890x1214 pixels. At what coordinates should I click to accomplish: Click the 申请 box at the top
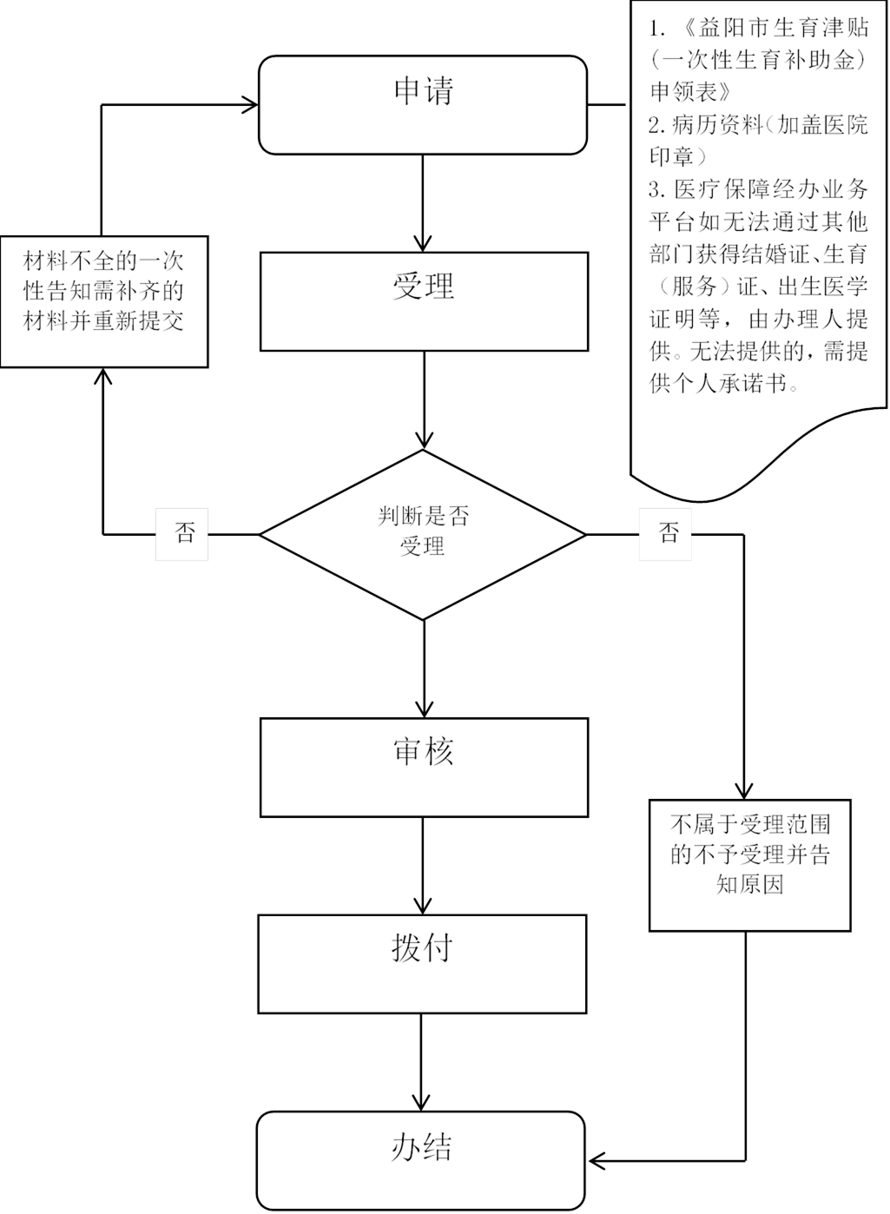[x=423, y=104]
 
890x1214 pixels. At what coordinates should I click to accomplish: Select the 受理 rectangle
[x=424, y=301]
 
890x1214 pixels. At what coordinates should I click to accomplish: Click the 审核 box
[x=424, y=767]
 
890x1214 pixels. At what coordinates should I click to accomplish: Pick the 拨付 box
[x=422, y=963]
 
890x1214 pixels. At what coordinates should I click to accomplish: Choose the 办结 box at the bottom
[x=421, y=1159]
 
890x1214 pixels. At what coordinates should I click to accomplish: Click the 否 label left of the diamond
[x=182, y=533]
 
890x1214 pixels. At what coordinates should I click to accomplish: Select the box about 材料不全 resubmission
[x=103, y=300]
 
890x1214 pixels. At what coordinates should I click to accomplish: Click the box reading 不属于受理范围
[x=749, y=865]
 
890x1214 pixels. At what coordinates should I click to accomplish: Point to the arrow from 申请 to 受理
[x=423, y=204]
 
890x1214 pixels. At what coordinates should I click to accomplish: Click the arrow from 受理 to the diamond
[x=424, y=399]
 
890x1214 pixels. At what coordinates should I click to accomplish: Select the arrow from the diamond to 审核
[x=424, y=669]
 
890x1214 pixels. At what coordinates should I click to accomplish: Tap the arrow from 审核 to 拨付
[x=423, y=865]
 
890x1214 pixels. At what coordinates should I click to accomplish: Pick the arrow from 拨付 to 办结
[x=421, y=1061]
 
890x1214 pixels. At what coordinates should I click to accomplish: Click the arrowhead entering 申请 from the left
[x=251, y=105]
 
